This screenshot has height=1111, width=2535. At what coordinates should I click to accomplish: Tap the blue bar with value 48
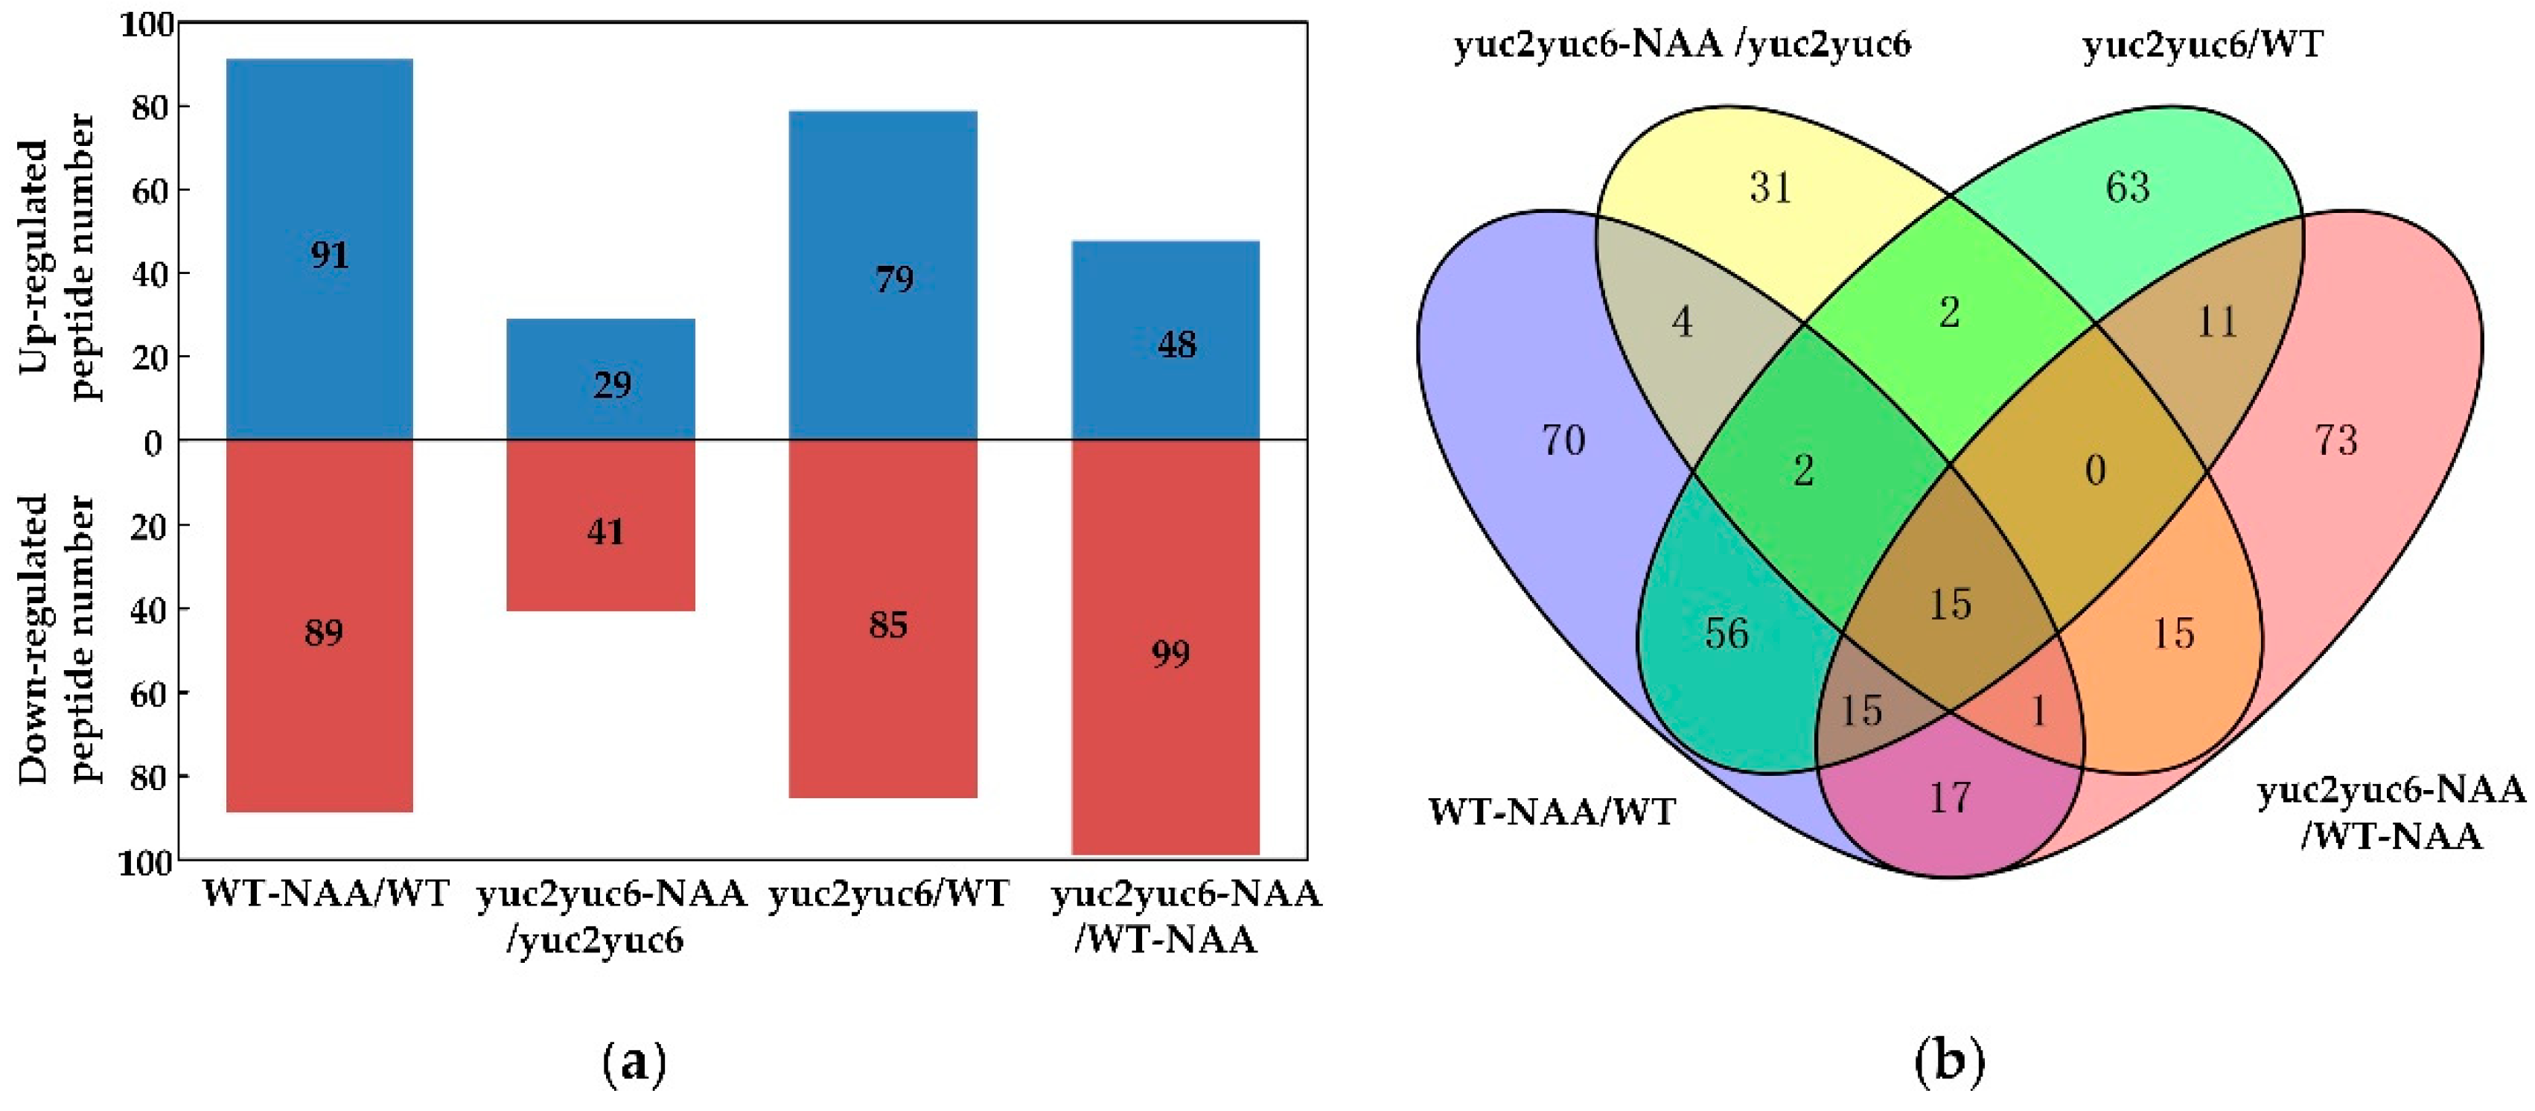1165,340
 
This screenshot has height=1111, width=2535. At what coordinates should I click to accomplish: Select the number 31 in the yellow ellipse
1771,187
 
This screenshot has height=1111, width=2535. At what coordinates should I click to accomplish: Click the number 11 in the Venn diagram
2217,322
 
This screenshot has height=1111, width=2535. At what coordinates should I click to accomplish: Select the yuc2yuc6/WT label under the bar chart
889,894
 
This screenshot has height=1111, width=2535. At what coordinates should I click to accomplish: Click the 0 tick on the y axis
153,444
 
